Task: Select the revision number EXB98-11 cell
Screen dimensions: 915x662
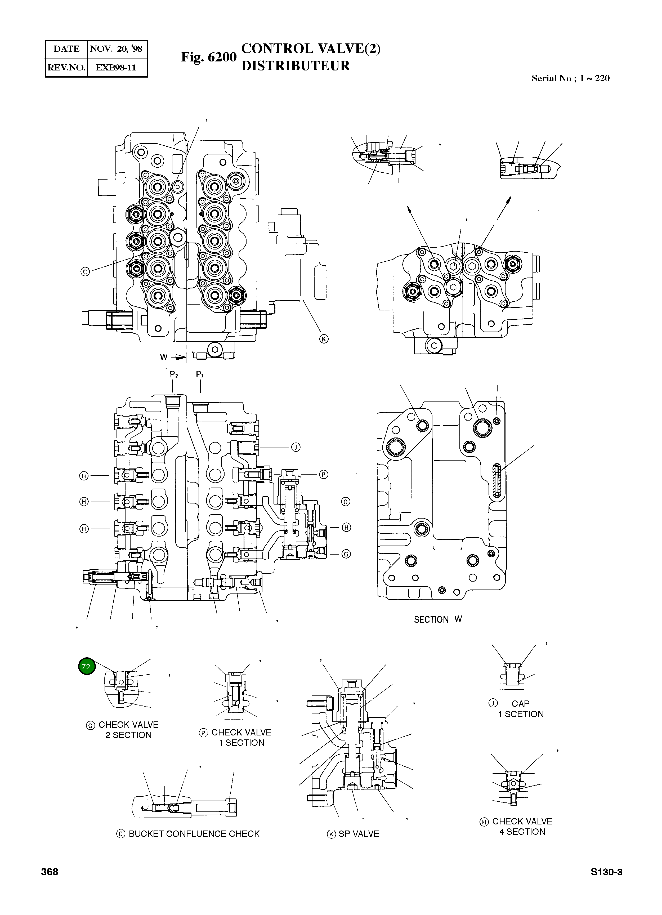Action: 116,67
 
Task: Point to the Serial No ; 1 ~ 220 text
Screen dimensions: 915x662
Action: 570,78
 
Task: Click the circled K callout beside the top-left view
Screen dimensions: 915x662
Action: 324,339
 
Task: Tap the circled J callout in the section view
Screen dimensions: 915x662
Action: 296,447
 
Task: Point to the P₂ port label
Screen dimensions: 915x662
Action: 174,374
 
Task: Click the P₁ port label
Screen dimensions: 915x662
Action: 200,374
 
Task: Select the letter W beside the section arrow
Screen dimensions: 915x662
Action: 163,357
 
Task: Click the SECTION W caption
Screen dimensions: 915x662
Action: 438,619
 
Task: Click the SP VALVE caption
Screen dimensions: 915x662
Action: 358,834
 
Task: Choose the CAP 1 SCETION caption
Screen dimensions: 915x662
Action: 520,709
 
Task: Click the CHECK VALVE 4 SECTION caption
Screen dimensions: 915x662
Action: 522,827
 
